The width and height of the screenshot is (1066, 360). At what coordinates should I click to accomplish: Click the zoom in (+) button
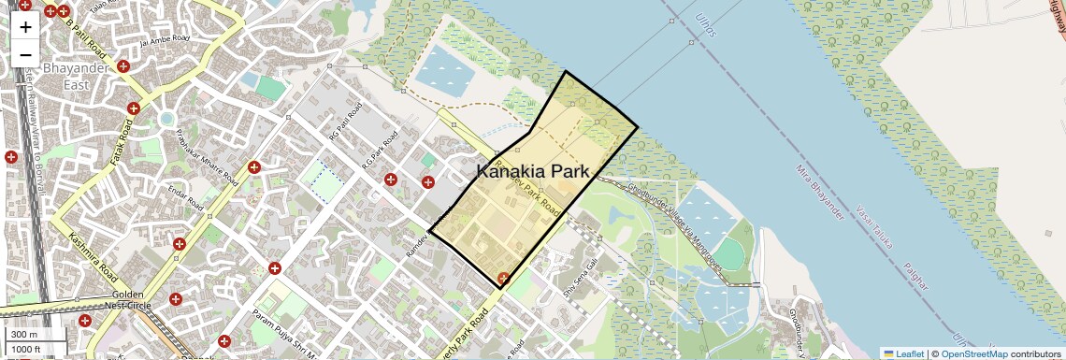(25, 26)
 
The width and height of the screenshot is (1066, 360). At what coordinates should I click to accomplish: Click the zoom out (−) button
(25, 54)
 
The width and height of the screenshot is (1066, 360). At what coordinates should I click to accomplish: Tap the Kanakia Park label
(533, 171)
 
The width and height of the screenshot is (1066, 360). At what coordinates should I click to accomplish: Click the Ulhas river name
(707, 27)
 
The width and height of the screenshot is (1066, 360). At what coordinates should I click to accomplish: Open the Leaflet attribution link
(903, 353)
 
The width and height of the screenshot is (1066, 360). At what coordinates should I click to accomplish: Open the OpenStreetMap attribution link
(973, 353)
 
